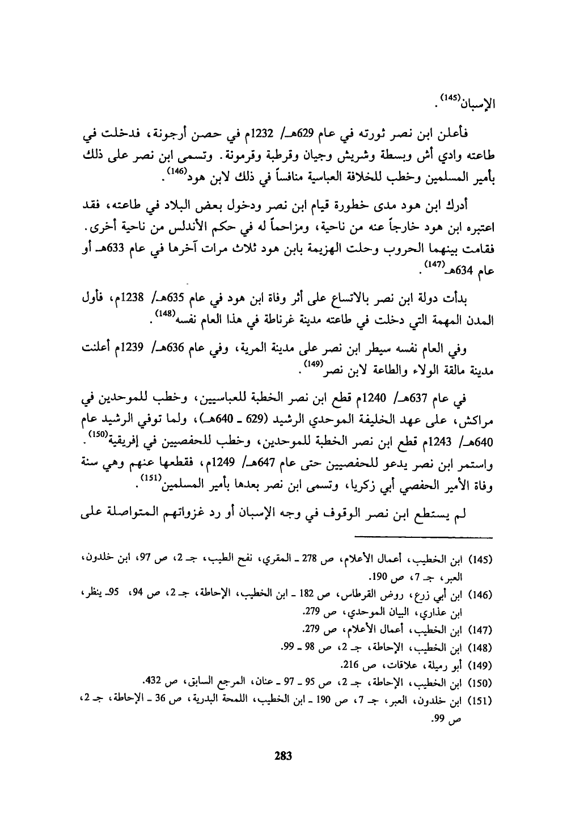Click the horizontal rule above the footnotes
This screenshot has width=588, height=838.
(424, 535)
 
